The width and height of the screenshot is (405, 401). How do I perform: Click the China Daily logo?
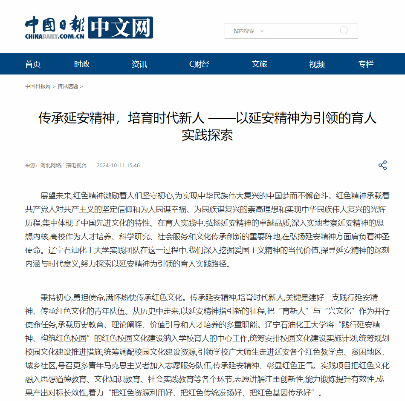(88, 28)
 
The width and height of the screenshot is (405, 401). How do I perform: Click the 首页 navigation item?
(33, 64)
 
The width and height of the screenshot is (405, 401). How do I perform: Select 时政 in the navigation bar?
(82, 64)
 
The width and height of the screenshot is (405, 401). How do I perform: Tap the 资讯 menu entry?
(139, 64)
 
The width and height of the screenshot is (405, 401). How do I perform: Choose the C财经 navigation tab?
(200, 64)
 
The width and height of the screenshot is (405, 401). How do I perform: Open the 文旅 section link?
(259, 64)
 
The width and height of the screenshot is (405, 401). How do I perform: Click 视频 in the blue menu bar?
(317, 64)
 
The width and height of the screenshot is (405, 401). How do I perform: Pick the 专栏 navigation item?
(366, 64)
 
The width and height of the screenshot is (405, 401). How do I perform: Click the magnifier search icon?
(344, 31)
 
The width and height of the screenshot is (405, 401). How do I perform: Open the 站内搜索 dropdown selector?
(249, 31)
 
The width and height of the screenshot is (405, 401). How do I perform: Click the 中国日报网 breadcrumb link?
(38, 86)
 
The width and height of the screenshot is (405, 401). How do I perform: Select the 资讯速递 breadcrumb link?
(68, 86)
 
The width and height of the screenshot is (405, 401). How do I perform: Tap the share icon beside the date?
(382, 166)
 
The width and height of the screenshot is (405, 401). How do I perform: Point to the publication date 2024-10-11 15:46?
(118, 166)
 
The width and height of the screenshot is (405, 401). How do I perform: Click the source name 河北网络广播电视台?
(63, 166)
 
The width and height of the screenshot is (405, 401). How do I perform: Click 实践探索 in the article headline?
(207, 135)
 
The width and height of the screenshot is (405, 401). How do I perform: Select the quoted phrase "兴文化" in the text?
(340, 311)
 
